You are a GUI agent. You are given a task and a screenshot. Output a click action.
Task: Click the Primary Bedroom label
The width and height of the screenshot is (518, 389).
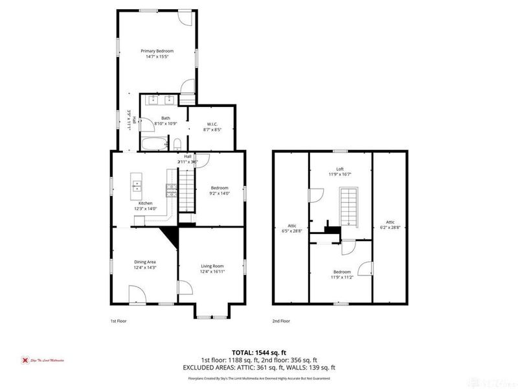[157, 54]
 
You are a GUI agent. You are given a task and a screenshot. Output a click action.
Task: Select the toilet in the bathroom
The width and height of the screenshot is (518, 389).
[177, 144]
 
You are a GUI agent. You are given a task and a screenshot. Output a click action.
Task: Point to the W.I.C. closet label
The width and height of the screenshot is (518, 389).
[212, 127]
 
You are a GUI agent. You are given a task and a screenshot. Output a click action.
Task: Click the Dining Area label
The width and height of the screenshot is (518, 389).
[144, 264]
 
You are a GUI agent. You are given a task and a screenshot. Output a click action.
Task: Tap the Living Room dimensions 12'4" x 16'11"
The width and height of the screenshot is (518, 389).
[212, 272]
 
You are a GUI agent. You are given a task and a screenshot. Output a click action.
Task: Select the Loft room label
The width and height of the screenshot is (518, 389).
[341, 171]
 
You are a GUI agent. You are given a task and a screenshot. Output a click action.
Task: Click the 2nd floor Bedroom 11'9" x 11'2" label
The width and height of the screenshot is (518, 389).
[342, 274]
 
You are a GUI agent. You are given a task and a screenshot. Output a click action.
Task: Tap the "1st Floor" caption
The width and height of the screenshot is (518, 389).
[118, 320]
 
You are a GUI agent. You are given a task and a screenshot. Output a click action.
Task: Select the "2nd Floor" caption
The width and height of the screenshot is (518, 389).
[281, 320]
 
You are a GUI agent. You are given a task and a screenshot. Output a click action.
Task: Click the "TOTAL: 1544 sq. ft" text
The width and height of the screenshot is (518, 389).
[259, 352]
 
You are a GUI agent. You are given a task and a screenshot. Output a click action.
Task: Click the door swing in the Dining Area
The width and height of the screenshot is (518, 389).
[137, 296]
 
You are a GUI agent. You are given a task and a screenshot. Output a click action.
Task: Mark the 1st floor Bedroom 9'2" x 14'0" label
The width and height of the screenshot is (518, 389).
[219, 191]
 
